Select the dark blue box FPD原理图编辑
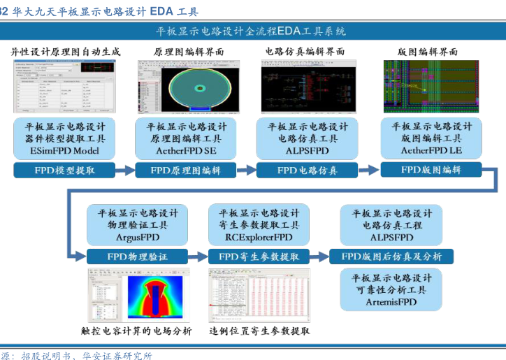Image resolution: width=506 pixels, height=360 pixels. point(186,170)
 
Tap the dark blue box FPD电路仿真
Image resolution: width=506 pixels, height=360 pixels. point(307,170)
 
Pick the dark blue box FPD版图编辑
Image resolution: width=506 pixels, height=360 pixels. point(431,170)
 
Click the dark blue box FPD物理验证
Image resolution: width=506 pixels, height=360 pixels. point(137,256)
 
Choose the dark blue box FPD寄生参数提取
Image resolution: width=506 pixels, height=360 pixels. point(259,256)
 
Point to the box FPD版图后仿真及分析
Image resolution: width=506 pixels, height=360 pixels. point(391,257)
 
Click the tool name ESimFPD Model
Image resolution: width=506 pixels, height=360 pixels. point(65,151)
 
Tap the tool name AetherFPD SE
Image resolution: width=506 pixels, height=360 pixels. point(186,151)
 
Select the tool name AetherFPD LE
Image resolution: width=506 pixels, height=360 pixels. point(431,151)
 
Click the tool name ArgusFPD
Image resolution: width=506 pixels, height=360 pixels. point(138,238)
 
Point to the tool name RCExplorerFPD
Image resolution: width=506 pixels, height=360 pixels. point(259,238)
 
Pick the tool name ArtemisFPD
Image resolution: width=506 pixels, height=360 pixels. point(391,302)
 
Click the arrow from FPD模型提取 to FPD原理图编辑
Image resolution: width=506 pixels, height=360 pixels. point(124,170)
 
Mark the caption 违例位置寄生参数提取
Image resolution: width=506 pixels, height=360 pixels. point(259,331)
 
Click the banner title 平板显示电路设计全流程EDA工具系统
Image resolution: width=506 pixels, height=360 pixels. point(251,31)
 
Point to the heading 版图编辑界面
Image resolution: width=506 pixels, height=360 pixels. point(427,52)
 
